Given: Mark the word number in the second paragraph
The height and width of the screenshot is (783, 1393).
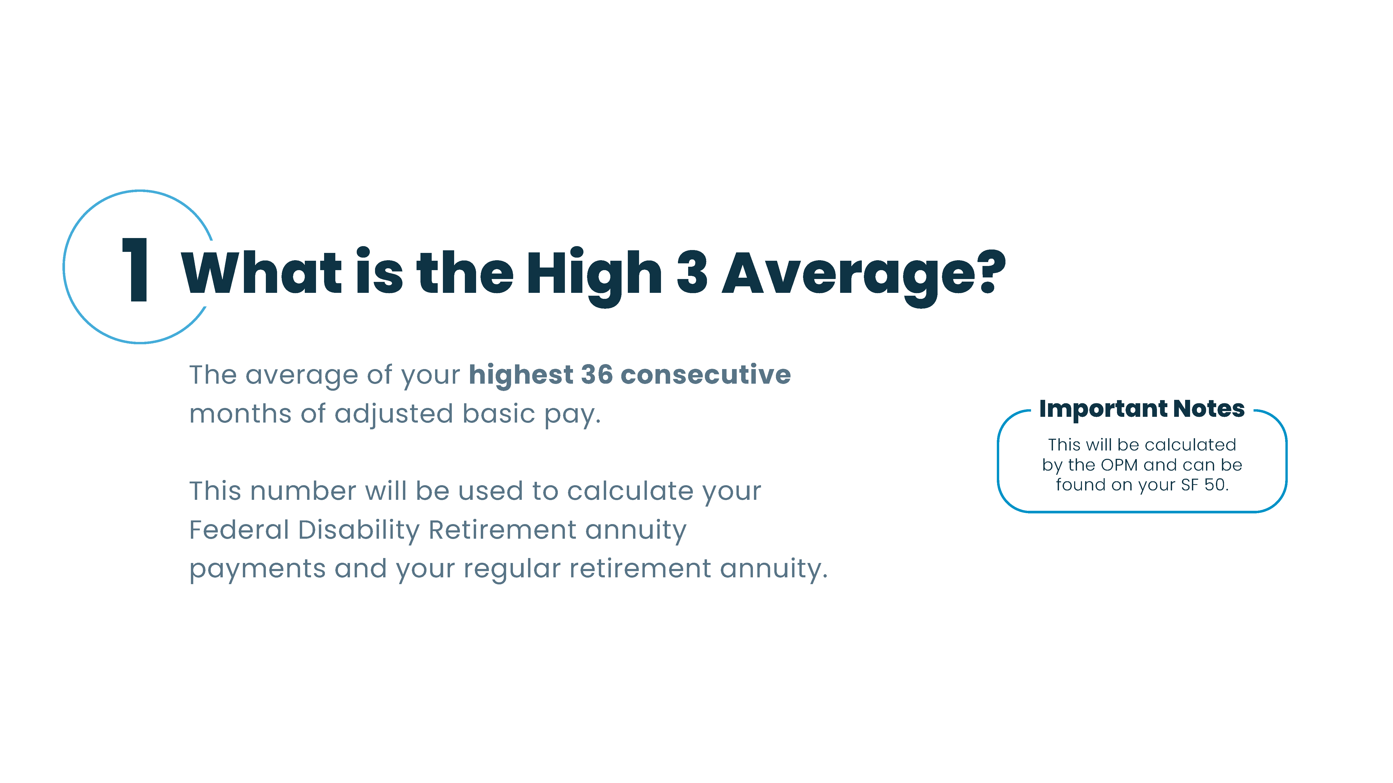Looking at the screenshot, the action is (303, 491).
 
